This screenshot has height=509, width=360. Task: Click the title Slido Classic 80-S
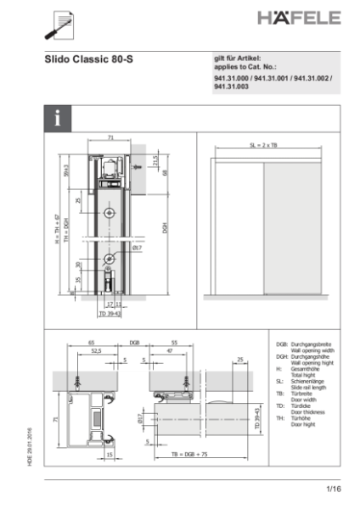coord(90,60)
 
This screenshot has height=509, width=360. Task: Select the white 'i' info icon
coord(58,118)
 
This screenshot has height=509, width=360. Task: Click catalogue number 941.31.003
coord(231,87)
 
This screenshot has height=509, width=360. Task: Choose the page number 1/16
coord(332,490)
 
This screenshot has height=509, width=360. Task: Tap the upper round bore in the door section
coord(110,211)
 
